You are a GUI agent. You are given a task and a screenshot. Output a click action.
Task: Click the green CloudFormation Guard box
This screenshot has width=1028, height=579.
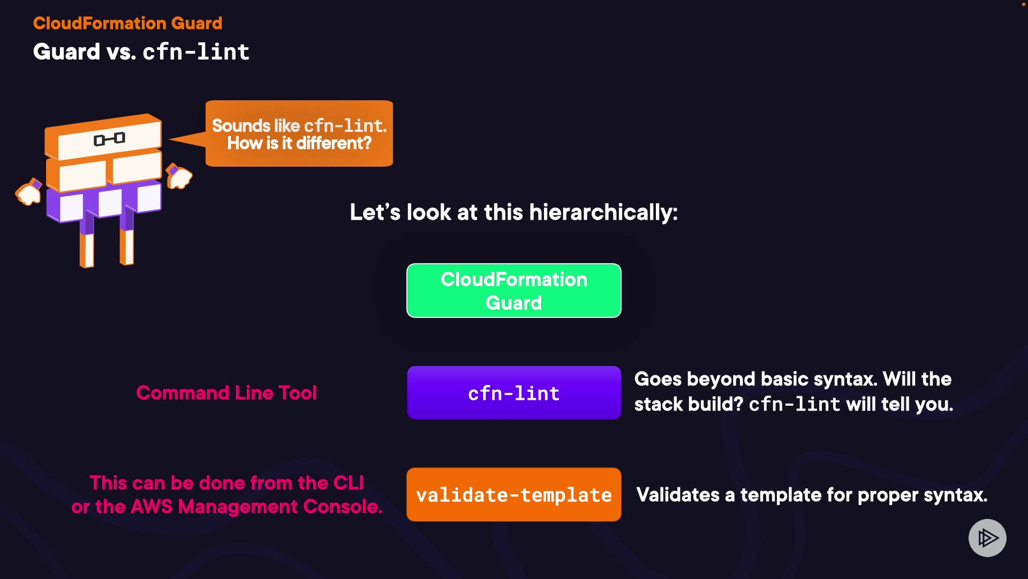pyautogui.click(x=513, y=291)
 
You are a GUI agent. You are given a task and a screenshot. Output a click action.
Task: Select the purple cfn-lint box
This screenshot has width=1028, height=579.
pyautogui.click(x=513, y=393)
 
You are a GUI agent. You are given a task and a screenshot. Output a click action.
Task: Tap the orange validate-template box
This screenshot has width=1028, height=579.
pyautogui.click(x=513, y=494)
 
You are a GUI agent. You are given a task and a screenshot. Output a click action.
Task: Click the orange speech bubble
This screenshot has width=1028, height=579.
pyautogui.click(x=299, y=134)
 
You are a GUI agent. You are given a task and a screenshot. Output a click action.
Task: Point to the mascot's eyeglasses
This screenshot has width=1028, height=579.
pyautogui.click(x=109, y=139)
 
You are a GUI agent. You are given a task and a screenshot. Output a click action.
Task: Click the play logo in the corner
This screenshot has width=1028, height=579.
pyautogui.click(x=987, y=538)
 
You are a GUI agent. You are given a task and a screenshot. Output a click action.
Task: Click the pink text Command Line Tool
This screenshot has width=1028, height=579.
pyautogui.click(x=226, y=393)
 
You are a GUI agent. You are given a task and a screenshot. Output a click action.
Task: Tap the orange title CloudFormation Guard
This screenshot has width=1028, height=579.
pyautogui.click(x=127, y=23)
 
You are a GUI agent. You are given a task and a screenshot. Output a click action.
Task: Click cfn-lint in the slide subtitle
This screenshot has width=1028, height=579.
pyautogui.click(x=196, y=52)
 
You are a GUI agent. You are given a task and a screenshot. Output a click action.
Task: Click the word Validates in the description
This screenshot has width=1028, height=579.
pyautogui.click(x=677, y=495)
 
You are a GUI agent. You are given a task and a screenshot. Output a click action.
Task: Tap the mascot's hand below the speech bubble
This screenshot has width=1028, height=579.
pyautogui.click(x=179, y=176)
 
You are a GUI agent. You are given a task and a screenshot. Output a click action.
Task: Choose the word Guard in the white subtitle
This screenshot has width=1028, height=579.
pyautogui.click(x=66, y=52)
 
